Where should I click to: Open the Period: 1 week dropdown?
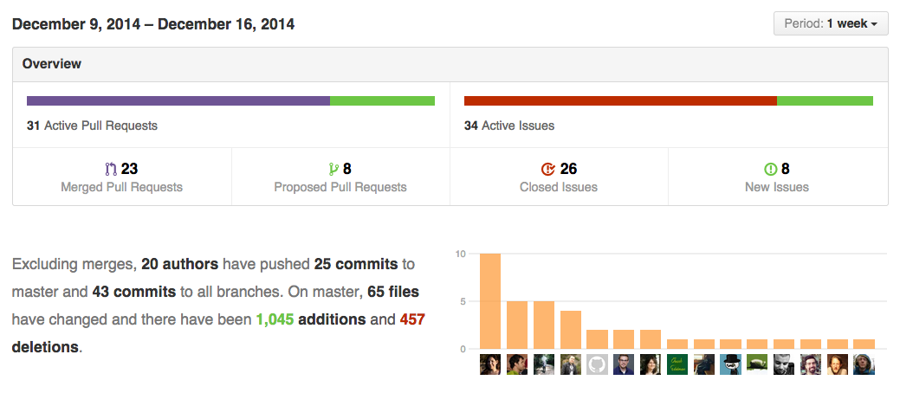click(831, 24)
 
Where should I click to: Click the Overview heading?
click(52, 64)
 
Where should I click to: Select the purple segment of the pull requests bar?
click(178, 101)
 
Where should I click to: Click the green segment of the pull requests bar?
click(382, 101)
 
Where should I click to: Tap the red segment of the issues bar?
click(620, 101)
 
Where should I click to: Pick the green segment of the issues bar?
click(825, 101)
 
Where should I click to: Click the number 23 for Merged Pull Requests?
click(130, 169)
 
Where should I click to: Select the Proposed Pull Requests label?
click(340, 187)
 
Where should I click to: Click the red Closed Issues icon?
click(547, 169)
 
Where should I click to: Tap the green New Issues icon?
click(770, 169)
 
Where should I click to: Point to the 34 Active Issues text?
click(509, 126)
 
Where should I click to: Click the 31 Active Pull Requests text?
click(92, 126)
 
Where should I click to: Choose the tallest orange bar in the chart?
click(490, 301)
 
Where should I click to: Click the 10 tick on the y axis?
click(461, 254)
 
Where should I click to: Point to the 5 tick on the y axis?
click(463, 302)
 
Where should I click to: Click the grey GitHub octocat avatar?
click(597, 364)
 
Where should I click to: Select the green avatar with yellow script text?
click(677, 364)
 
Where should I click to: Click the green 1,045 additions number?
click(275, 319)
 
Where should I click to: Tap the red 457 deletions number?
click(412, 319)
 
